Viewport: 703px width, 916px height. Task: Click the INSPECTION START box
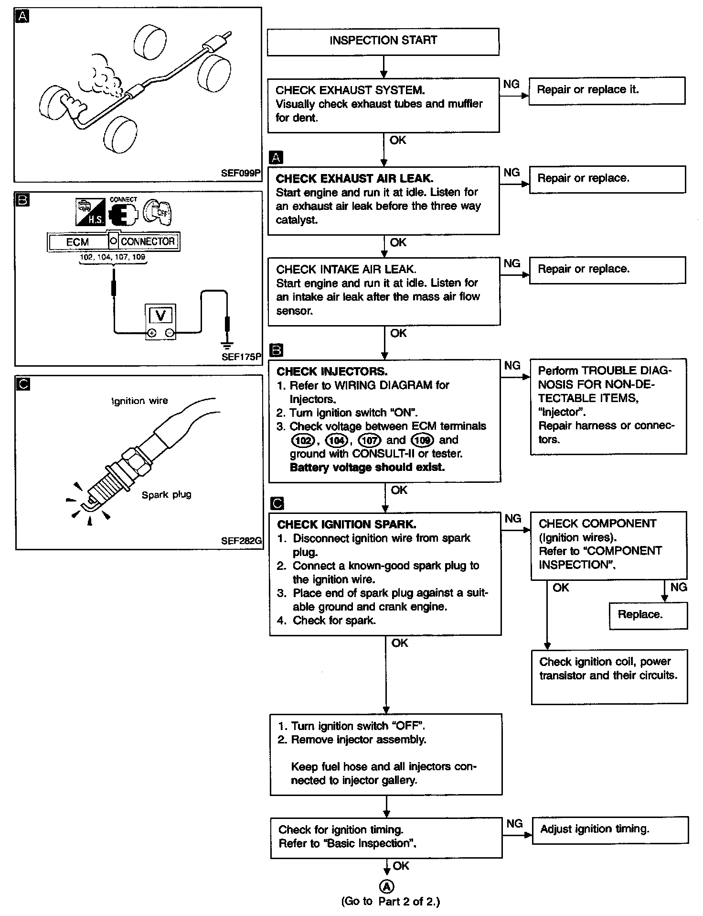click(x=383, y=41)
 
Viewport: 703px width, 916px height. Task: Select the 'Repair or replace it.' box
click(x=607, y=90)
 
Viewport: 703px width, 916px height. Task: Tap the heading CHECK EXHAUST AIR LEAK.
click(x=354, y=179)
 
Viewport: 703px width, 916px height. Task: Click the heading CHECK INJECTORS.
click(x=332, y=371)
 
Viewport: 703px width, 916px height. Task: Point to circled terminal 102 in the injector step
click(x=303, y=440)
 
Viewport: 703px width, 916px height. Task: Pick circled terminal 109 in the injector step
click(x=422, y=440)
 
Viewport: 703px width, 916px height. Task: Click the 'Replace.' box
click(x=648, y=615)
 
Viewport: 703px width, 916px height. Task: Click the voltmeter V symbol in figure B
click(x=160, y=316)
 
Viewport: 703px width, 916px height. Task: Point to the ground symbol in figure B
click(x=227, y=345)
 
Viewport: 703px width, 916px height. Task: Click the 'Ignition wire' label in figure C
click(x=139, y=401)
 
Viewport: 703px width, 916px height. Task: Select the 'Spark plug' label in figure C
click(x=166, y=495)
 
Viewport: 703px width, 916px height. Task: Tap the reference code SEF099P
click(x=241, y=173)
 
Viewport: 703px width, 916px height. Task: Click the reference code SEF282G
click(x=241, y=541)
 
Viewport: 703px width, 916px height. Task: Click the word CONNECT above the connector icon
click(x=123, y=200)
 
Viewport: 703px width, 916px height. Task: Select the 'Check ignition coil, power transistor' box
click(x=609, y=676)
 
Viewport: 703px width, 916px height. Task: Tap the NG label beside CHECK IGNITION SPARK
click(x=512, y=519)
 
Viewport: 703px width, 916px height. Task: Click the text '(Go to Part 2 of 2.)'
click(x=390, y=902)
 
